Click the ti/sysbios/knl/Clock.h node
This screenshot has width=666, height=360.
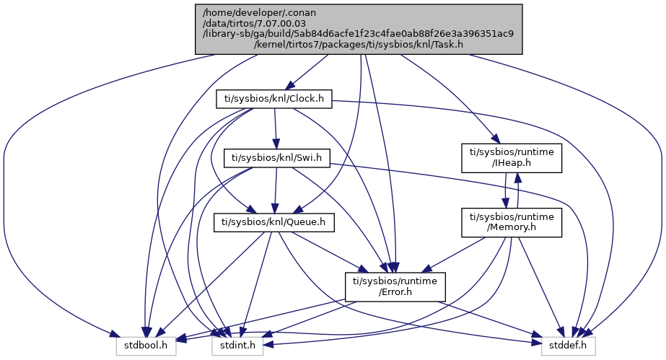(274, 99)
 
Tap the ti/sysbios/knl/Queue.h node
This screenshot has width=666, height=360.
(274, 222)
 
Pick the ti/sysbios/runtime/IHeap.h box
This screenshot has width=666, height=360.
(512, 157)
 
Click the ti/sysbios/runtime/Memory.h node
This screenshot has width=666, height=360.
(512, 222)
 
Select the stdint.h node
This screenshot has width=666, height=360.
(237, 346)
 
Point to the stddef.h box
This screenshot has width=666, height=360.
(569, 346)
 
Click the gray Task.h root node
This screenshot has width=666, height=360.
(359, 28)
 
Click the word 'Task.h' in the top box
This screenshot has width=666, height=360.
(447, 45)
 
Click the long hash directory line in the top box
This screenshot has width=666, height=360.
(359, 33)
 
